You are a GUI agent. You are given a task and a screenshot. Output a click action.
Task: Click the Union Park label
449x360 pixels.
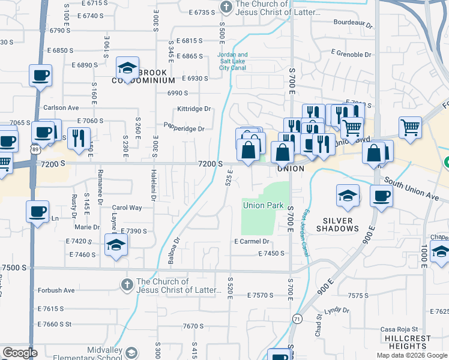point(263,206)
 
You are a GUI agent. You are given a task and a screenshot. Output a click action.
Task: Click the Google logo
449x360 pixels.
point(20,353)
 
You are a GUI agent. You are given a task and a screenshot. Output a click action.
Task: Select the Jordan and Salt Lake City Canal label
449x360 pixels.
point(232,62)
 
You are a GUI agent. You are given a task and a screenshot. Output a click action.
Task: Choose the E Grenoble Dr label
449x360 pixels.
point(351,54)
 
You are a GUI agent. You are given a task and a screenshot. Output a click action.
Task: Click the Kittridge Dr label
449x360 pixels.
point(193,109)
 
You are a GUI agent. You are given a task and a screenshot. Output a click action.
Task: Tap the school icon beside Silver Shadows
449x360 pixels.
point(348,196)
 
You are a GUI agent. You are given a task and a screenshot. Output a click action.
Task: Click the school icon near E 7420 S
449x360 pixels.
point(116,245)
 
